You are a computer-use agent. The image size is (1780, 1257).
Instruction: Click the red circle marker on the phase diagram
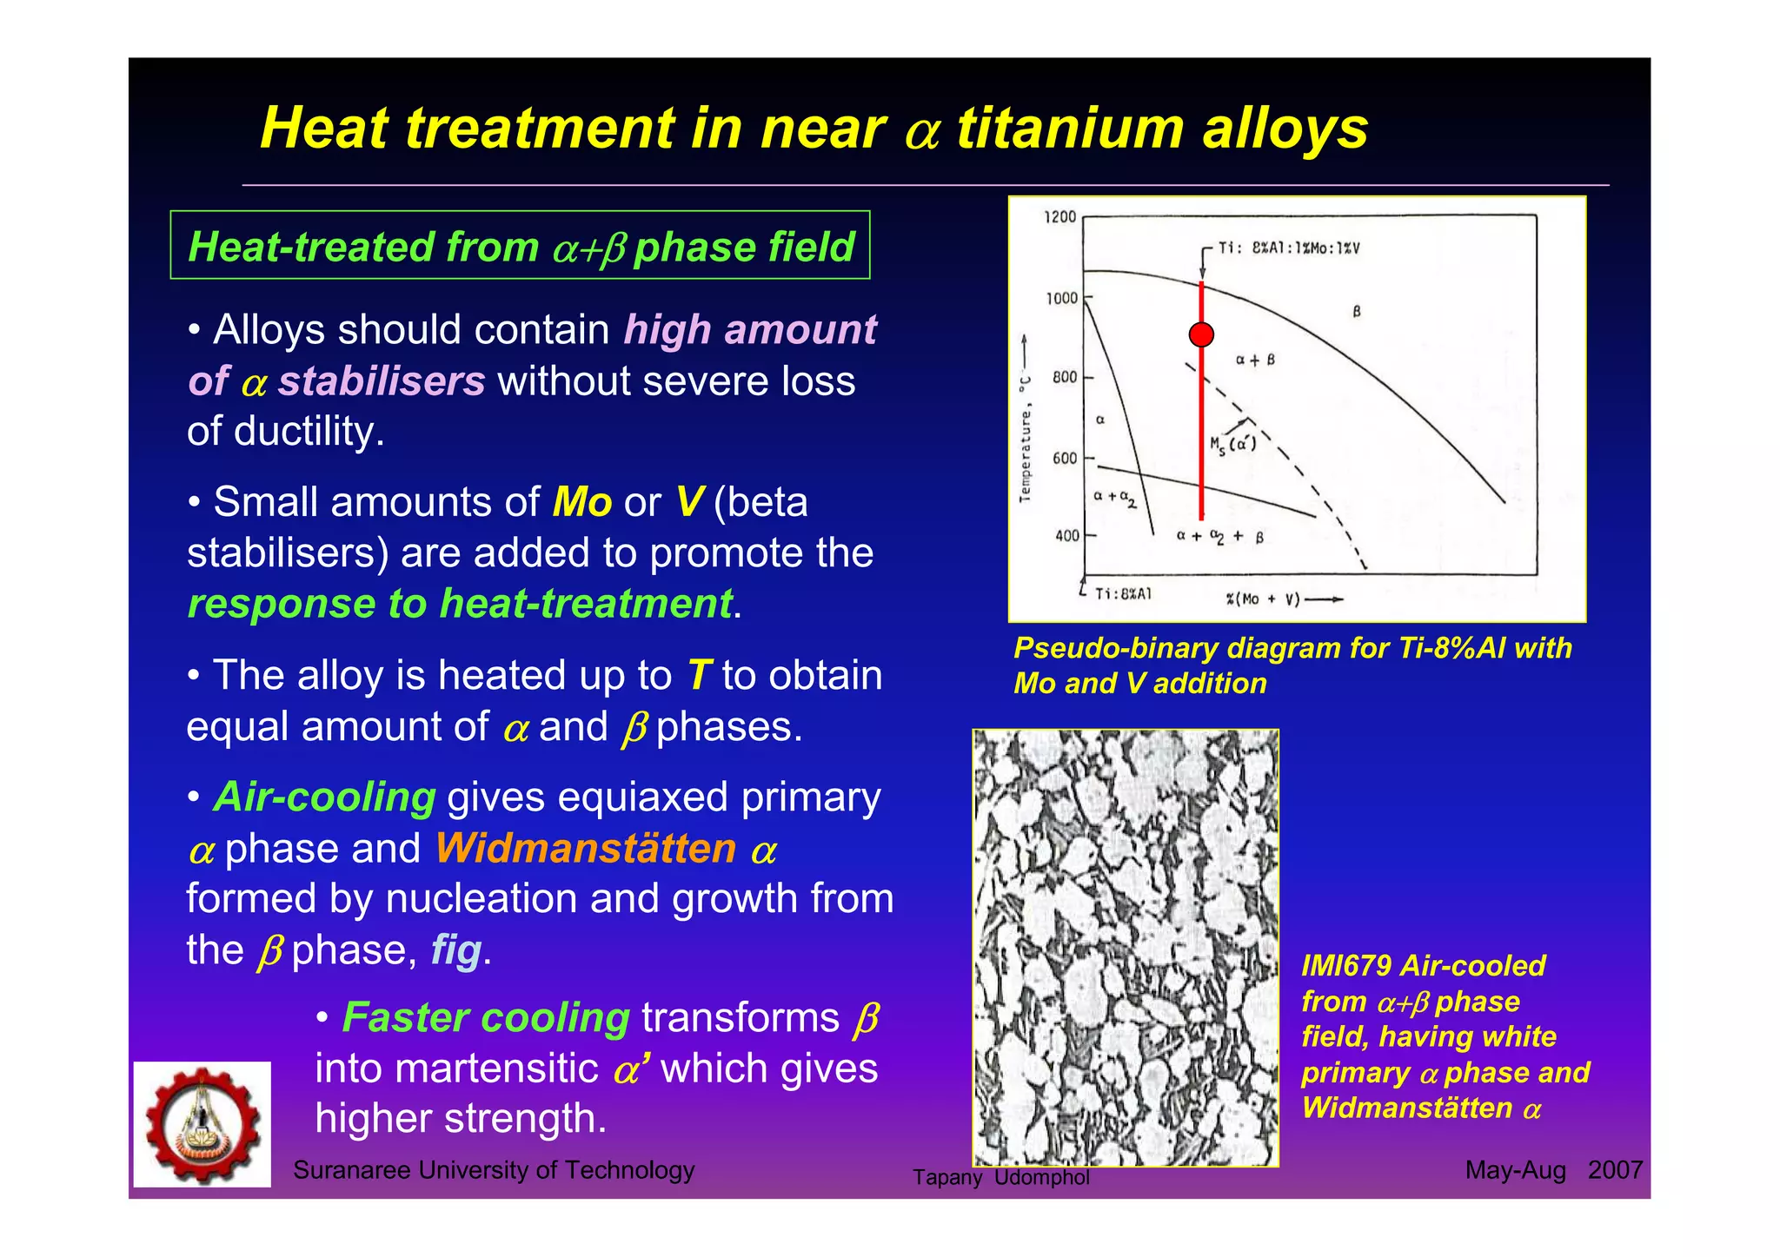tap(1201, 334)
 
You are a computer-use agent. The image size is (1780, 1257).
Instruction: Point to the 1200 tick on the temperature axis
tap(1060, 217)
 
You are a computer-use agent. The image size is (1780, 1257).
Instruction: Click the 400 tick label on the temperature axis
tap(1066, 536)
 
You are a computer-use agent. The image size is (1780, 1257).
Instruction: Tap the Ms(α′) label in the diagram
tap(1232, 444)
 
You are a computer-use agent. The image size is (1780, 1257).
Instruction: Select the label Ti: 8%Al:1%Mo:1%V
tap(1288, 248)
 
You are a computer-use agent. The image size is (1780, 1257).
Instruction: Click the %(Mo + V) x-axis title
tap(1263, 599)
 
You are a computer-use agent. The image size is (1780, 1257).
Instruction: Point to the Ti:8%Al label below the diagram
tap(1122, 594)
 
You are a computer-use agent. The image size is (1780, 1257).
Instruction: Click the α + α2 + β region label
tap(1219, 537)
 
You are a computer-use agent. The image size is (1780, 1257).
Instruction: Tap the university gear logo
tap(202, 1124)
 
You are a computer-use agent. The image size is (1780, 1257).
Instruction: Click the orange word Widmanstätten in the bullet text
tap(586, 849)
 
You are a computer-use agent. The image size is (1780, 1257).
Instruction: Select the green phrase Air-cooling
tap(324, 797)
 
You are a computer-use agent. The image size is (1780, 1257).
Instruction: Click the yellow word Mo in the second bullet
tap(582, 503)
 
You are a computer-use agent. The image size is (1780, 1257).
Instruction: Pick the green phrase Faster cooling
tap(486, 1018)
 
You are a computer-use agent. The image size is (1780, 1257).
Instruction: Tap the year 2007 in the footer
tap(1615, 1170)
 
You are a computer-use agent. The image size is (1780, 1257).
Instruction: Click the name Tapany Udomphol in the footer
tap(1000, 1177)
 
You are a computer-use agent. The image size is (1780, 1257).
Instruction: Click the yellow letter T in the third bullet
tap(699, 676)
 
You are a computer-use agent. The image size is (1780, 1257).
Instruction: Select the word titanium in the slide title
tap(1070, 129)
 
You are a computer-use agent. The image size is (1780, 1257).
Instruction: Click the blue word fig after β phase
tap(455, 949)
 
